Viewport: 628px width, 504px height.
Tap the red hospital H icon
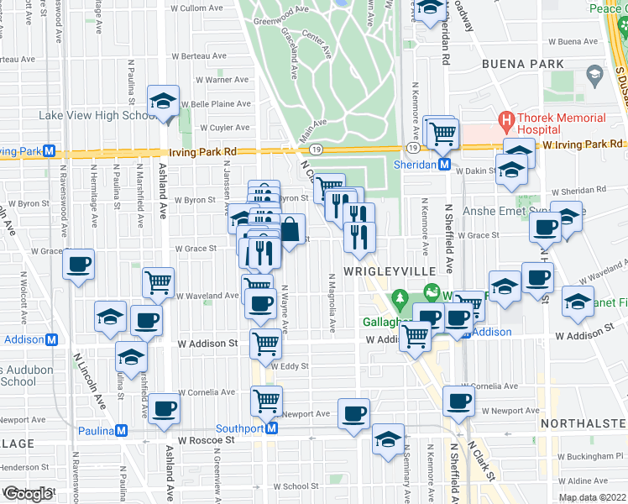506,119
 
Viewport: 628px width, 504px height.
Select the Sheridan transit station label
415,165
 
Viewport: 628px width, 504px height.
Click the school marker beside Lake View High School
163,102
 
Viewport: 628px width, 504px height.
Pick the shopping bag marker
290,230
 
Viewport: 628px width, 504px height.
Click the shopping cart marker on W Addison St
265,341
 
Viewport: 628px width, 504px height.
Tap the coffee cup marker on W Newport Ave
353,414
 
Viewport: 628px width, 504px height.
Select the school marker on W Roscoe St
388,440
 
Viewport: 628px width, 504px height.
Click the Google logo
27,494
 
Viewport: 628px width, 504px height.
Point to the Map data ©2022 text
592,497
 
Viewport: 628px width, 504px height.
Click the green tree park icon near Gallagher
400,298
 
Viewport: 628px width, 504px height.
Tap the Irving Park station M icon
50,151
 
